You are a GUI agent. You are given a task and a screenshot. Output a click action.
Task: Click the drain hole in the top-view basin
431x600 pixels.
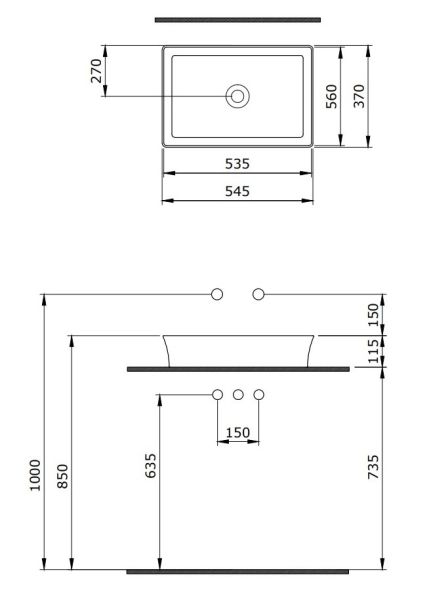238,97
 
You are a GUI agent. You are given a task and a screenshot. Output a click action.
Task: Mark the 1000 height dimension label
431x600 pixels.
35,475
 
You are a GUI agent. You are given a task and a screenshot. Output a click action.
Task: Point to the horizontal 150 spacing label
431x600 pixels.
238,432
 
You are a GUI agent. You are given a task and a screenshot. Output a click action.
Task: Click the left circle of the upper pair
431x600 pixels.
217,294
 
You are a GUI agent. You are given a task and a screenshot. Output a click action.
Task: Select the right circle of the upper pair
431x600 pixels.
258,294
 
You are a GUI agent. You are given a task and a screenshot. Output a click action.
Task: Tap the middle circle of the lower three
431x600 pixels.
238,396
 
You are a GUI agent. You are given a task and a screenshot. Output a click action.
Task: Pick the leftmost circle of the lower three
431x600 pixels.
217,396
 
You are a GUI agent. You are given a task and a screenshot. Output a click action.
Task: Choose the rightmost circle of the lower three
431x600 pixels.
258,396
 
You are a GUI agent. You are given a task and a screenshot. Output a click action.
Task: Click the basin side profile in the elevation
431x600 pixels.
238,349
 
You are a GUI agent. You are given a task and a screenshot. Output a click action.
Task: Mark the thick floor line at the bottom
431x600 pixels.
238,571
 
